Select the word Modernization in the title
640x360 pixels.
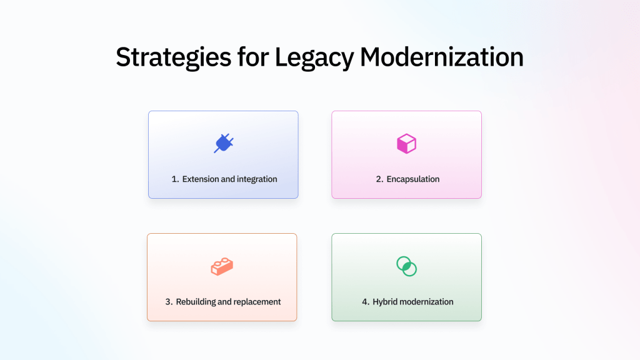(441, 57)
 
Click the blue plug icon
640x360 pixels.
(223, 144)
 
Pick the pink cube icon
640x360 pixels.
(406, 144)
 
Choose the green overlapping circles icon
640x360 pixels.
(406, 266)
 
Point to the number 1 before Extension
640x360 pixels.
(174, 179)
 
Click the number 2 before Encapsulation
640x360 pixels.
(379, 179)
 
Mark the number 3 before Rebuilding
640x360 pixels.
(168, 302)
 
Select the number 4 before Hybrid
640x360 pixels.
(365, 302)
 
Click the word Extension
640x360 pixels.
(201, 179)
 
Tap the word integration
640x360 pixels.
(257, 179)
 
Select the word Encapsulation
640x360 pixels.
(412, 179)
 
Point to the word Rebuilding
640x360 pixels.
(195, 302)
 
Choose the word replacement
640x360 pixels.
(257, 302)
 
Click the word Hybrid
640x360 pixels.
(385, 302)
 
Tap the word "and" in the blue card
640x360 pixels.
(228, 179)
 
